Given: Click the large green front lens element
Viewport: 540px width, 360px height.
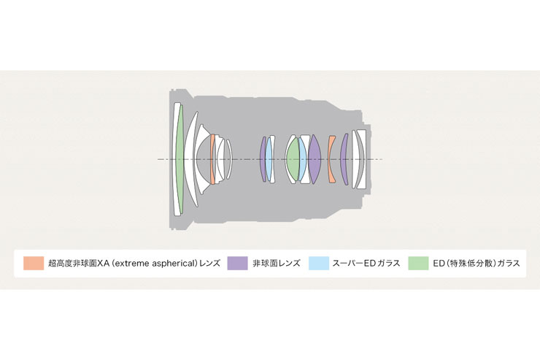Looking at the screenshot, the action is [x=179, y=158].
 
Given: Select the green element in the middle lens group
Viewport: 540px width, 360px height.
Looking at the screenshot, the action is [x=293, y=159].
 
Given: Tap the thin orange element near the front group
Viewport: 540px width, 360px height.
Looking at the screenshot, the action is [x=212, y=159].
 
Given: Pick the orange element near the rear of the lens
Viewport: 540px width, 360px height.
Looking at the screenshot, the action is [x=331, y=159].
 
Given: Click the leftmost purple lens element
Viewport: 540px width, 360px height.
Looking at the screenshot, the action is [x=263, y=159].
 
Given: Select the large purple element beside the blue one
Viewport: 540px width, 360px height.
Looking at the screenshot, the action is [x=314, y=159].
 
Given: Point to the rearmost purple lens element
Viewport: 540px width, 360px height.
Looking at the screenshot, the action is [x=344, y=159].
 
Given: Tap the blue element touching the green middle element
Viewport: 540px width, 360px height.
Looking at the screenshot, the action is [x=303, y=159].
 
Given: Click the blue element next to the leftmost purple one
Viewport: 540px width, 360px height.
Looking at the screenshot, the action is [x=269, y=159].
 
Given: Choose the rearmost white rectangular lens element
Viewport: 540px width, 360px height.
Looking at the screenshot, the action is [x=361, y=159].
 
